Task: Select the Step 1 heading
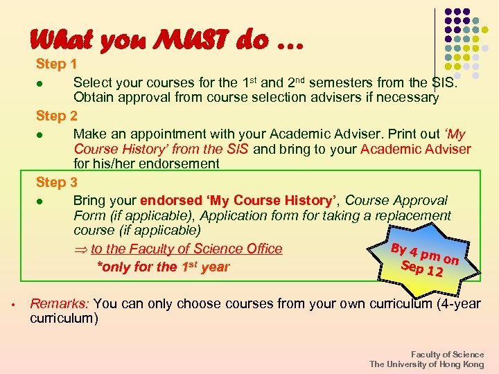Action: [x=57, y=64]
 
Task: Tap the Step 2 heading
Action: [x=57, y=116]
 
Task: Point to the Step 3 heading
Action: [x=57, y=182]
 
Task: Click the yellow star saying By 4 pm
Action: [x=425, y=258]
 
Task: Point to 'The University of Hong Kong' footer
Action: [x=426, y=364]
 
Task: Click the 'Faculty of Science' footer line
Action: [x=447, y=354]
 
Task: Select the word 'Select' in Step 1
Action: [x=92, y=82]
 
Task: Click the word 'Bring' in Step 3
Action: [x=89, y=200]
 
